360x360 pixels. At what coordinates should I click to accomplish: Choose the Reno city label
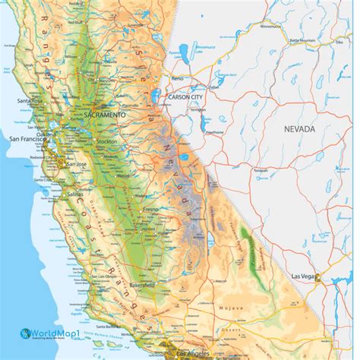[177, 78]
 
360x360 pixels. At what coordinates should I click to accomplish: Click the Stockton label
[107, 141]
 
